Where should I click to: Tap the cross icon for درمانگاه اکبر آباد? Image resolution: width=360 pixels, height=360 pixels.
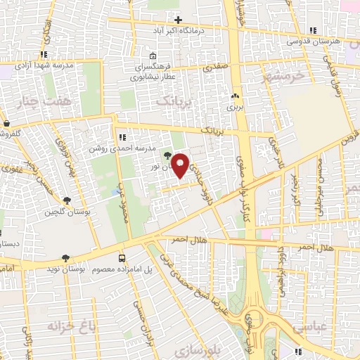point(178,20)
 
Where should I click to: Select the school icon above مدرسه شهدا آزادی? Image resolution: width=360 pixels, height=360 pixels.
point(44,53)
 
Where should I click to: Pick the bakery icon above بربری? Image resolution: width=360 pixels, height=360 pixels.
point(235,96)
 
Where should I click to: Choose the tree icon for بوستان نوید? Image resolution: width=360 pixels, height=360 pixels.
point(66,258)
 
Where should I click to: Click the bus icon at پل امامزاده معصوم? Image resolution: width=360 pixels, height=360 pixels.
point(122,258)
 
